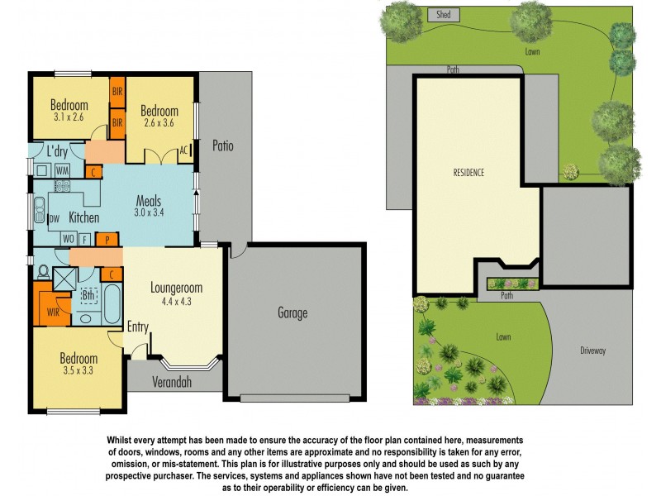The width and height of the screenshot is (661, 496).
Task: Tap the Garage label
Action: tap(292, 312)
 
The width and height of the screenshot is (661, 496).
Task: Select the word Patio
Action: tap(222, 146)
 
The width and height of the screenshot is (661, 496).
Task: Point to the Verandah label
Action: tap(172, 382)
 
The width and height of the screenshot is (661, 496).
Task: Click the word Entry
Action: tap(137, 327)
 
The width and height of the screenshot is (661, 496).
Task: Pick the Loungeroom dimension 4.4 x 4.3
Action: tap(176, 302)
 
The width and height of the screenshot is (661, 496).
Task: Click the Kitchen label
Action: tap(83, 218)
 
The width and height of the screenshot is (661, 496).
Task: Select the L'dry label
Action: tap(57, 152)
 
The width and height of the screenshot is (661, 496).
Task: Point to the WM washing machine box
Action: tap(62, 171)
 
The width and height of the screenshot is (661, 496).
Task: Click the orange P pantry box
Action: tap(107, 240)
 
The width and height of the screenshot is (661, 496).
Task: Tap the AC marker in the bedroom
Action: tap(184, 151)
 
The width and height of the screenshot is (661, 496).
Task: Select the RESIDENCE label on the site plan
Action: tap(468, 173)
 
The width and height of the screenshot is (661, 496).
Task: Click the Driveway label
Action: tap(593, 351)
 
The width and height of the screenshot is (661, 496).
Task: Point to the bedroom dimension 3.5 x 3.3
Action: tap(78, 371)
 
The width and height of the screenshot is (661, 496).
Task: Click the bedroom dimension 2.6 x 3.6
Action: tap(159, 123)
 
